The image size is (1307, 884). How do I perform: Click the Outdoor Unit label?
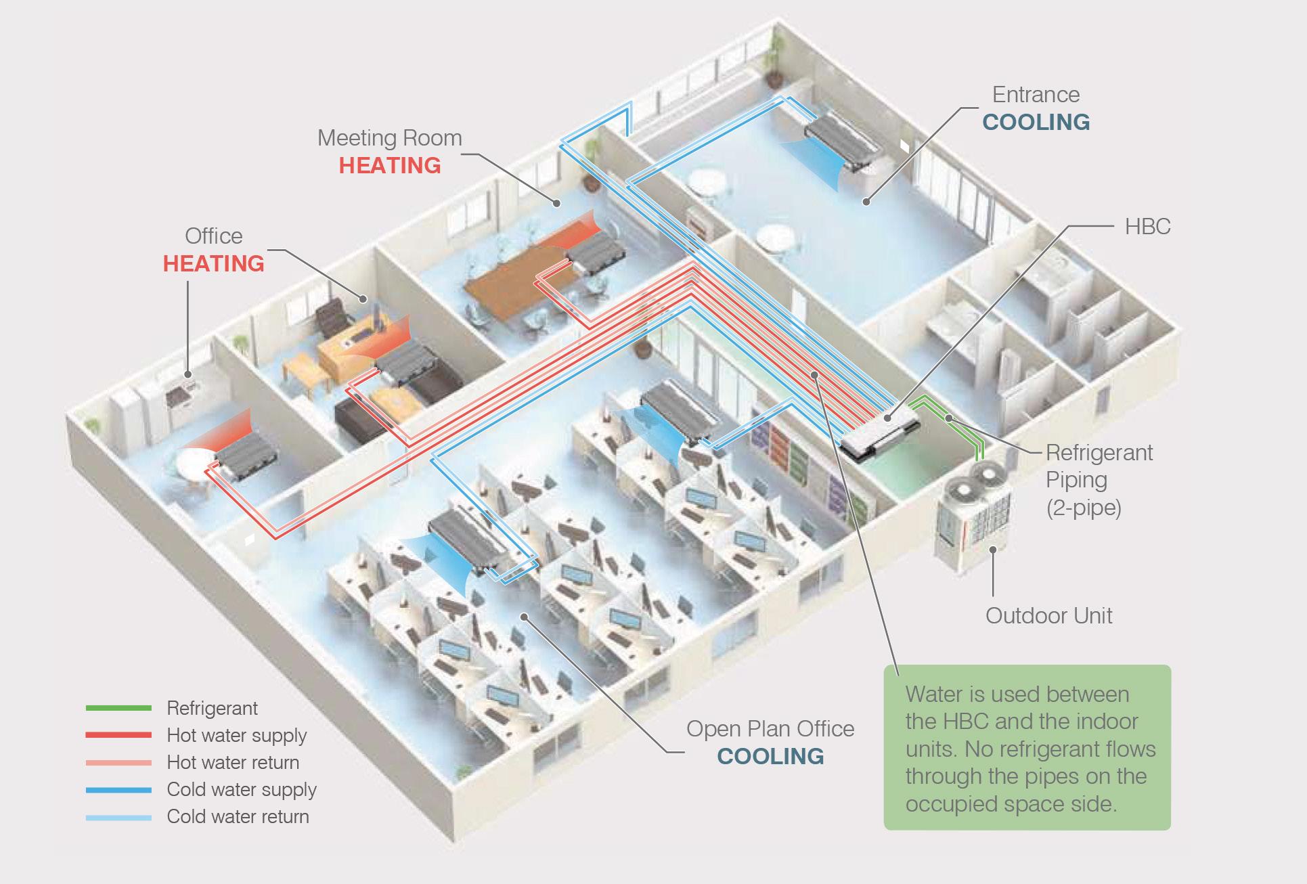tap(1048, 615)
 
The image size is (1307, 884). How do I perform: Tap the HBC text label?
tap(1147, 226)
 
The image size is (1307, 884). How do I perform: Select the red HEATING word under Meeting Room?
tap(390, 166)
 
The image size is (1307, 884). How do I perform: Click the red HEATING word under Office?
tap(214, 263)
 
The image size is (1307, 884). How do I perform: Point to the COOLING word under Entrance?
tap(1036, 122)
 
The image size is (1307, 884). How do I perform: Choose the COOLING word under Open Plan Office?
tap(770, 756)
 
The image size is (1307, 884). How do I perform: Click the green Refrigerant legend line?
tap(118, 708)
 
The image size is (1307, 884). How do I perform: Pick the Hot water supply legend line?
tap(118, 735)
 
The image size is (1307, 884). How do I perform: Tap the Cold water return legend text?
tap(238, 816)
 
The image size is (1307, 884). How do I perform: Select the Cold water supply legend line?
tap(118, 789)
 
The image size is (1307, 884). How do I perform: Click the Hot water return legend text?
tap(233, 762)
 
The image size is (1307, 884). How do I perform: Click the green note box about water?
tap(1027, 747)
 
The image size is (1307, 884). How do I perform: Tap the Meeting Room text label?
tap(390, 138)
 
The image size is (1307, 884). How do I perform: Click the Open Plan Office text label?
tap(770, 729)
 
